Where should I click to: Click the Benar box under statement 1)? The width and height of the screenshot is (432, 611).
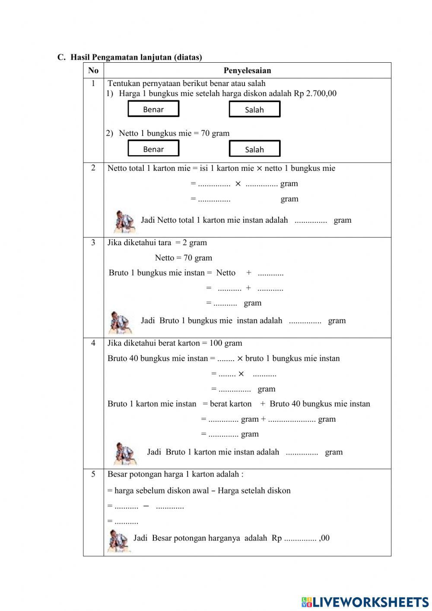(x=153, y=109)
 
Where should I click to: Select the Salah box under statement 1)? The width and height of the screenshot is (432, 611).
(x=254, y=109)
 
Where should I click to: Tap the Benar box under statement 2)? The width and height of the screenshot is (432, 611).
(x=153, y=149)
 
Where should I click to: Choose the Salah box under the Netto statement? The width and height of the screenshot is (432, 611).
(x=254, y=149)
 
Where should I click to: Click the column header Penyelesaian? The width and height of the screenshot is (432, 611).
(x=247, y=70)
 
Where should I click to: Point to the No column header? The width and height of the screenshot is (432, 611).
(x=93, y=70)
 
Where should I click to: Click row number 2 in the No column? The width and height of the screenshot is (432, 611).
(x=93, y=168)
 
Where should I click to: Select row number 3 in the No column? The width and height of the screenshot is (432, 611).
(x=93, y=242)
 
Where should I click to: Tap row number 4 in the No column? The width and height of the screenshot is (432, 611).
(x=93, y=343)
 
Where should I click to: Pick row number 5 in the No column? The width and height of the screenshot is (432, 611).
(x=93, y=474)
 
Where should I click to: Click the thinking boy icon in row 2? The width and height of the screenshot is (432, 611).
(x=124, y=221)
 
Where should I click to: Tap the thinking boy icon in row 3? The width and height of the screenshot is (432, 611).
(x=120, y=322)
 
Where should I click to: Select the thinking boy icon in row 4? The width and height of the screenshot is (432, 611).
(x=125, y=453)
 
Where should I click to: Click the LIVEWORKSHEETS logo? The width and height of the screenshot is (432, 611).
(x=365, y=602)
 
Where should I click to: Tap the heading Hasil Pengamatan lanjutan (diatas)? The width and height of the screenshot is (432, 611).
(x=136, y=57)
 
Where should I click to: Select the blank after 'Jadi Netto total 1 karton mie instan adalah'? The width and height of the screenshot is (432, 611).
(x=311, y=221)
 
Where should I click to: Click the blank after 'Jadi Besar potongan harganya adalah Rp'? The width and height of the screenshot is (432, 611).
(x=300, y=539)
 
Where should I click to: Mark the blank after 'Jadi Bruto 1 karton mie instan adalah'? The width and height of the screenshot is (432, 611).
(x=302, y=453)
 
